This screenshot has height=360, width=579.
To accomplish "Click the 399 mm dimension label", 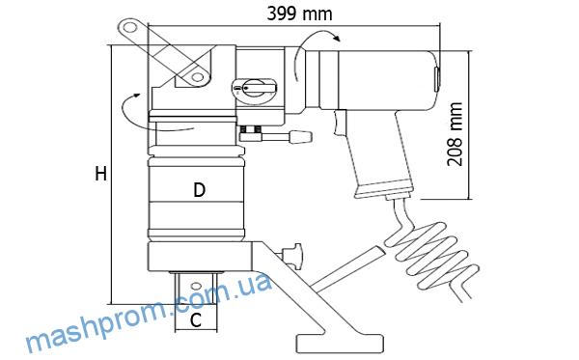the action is pos(299,14).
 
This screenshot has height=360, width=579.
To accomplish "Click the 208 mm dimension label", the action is pos(455,134).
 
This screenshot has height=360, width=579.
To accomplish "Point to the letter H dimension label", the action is pos(100,174).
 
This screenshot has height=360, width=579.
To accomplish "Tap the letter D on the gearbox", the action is pos(200,190).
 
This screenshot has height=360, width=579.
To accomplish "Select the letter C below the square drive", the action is pos(196,319).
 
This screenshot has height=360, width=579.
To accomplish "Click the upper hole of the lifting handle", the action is pos(129,27).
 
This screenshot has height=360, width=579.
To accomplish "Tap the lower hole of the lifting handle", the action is pos(198,77).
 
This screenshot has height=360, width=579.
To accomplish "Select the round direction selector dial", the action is pos(255,88).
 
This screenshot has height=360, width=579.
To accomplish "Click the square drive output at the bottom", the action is pos(196,289).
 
